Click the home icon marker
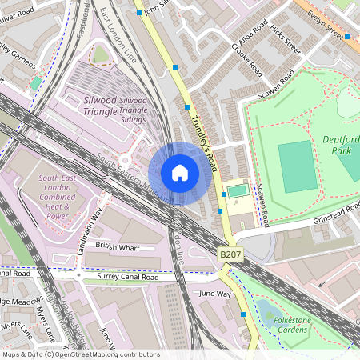tap(180, 173)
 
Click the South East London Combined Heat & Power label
tap(50, 196)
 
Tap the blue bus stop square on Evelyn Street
tap(347, 37)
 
